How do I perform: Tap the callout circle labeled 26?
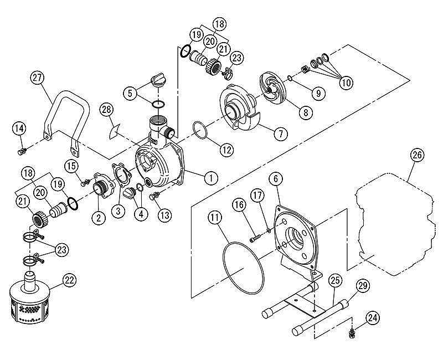[418, 156]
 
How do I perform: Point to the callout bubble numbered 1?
[210, 178]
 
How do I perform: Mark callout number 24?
[373, 318]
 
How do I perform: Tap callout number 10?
[345, 83]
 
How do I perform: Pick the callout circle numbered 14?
[19, 129]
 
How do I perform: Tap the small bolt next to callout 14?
[22, 151]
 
